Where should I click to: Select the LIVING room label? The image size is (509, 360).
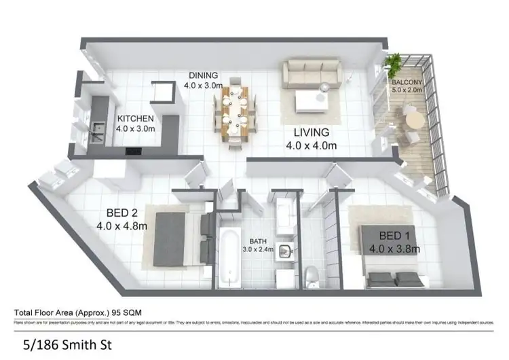pos(312,132)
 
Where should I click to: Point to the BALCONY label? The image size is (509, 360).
pos(407,82)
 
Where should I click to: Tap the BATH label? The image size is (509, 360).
pos(258,241)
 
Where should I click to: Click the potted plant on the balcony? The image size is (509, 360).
pos(394,65)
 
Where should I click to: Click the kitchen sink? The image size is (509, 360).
pos(96,126)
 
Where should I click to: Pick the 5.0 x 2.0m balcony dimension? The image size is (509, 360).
pos(407,90)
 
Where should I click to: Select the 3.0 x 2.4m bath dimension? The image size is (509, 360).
pos(258,249)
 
